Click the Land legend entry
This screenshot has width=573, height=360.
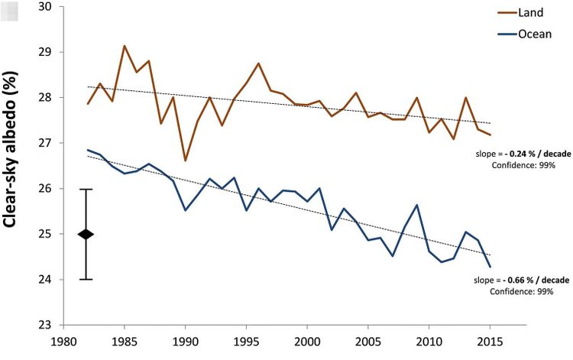(x=531, y=13)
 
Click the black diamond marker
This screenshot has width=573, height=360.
(x=86, y=234)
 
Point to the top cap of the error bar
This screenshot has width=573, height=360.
(x=86, y=189)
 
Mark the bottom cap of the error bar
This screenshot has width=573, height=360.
(x=86, y=279)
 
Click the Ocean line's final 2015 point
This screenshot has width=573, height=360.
(x=490, y=266)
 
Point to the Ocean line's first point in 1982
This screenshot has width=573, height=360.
(x=88, y=150)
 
